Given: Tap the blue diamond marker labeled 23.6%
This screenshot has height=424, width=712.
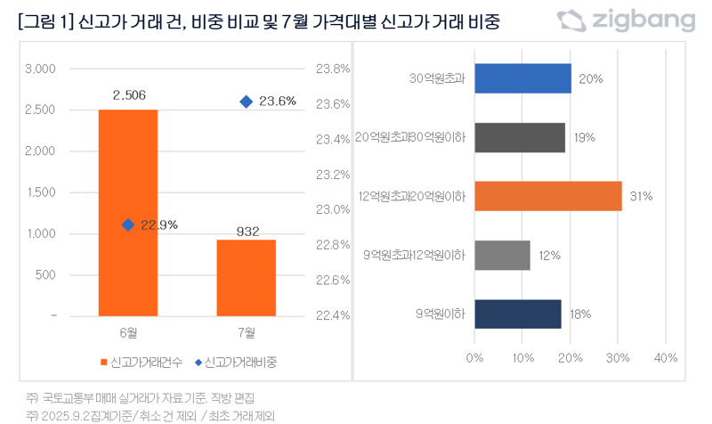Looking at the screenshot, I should point(246,102).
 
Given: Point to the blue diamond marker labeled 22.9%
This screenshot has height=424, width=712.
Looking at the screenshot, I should point(128,224).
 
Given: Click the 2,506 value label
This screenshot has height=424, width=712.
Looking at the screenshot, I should point(128,94).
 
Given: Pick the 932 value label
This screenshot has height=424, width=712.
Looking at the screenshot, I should point(247,232).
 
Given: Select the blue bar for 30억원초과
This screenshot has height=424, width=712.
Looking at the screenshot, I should point(522,78).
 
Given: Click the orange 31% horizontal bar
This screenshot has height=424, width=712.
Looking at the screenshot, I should point(547,196).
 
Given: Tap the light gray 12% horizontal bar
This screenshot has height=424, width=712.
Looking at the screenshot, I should point(502,256).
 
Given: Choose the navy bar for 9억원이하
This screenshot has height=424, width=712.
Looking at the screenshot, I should point(518,314).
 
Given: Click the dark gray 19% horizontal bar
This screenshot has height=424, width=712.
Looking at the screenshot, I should point(520,137).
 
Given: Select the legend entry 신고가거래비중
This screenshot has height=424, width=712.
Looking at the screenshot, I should point(236,363).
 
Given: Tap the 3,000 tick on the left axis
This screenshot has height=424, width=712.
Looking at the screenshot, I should point(42,69).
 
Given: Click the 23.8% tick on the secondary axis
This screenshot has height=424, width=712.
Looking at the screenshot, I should point(334,69).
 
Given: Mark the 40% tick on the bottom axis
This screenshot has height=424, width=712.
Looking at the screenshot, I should point(665,358).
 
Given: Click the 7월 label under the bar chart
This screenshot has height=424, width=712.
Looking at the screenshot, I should point(247,333).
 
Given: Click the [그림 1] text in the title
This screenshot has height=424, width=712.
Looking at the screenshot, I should point(45,22).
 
